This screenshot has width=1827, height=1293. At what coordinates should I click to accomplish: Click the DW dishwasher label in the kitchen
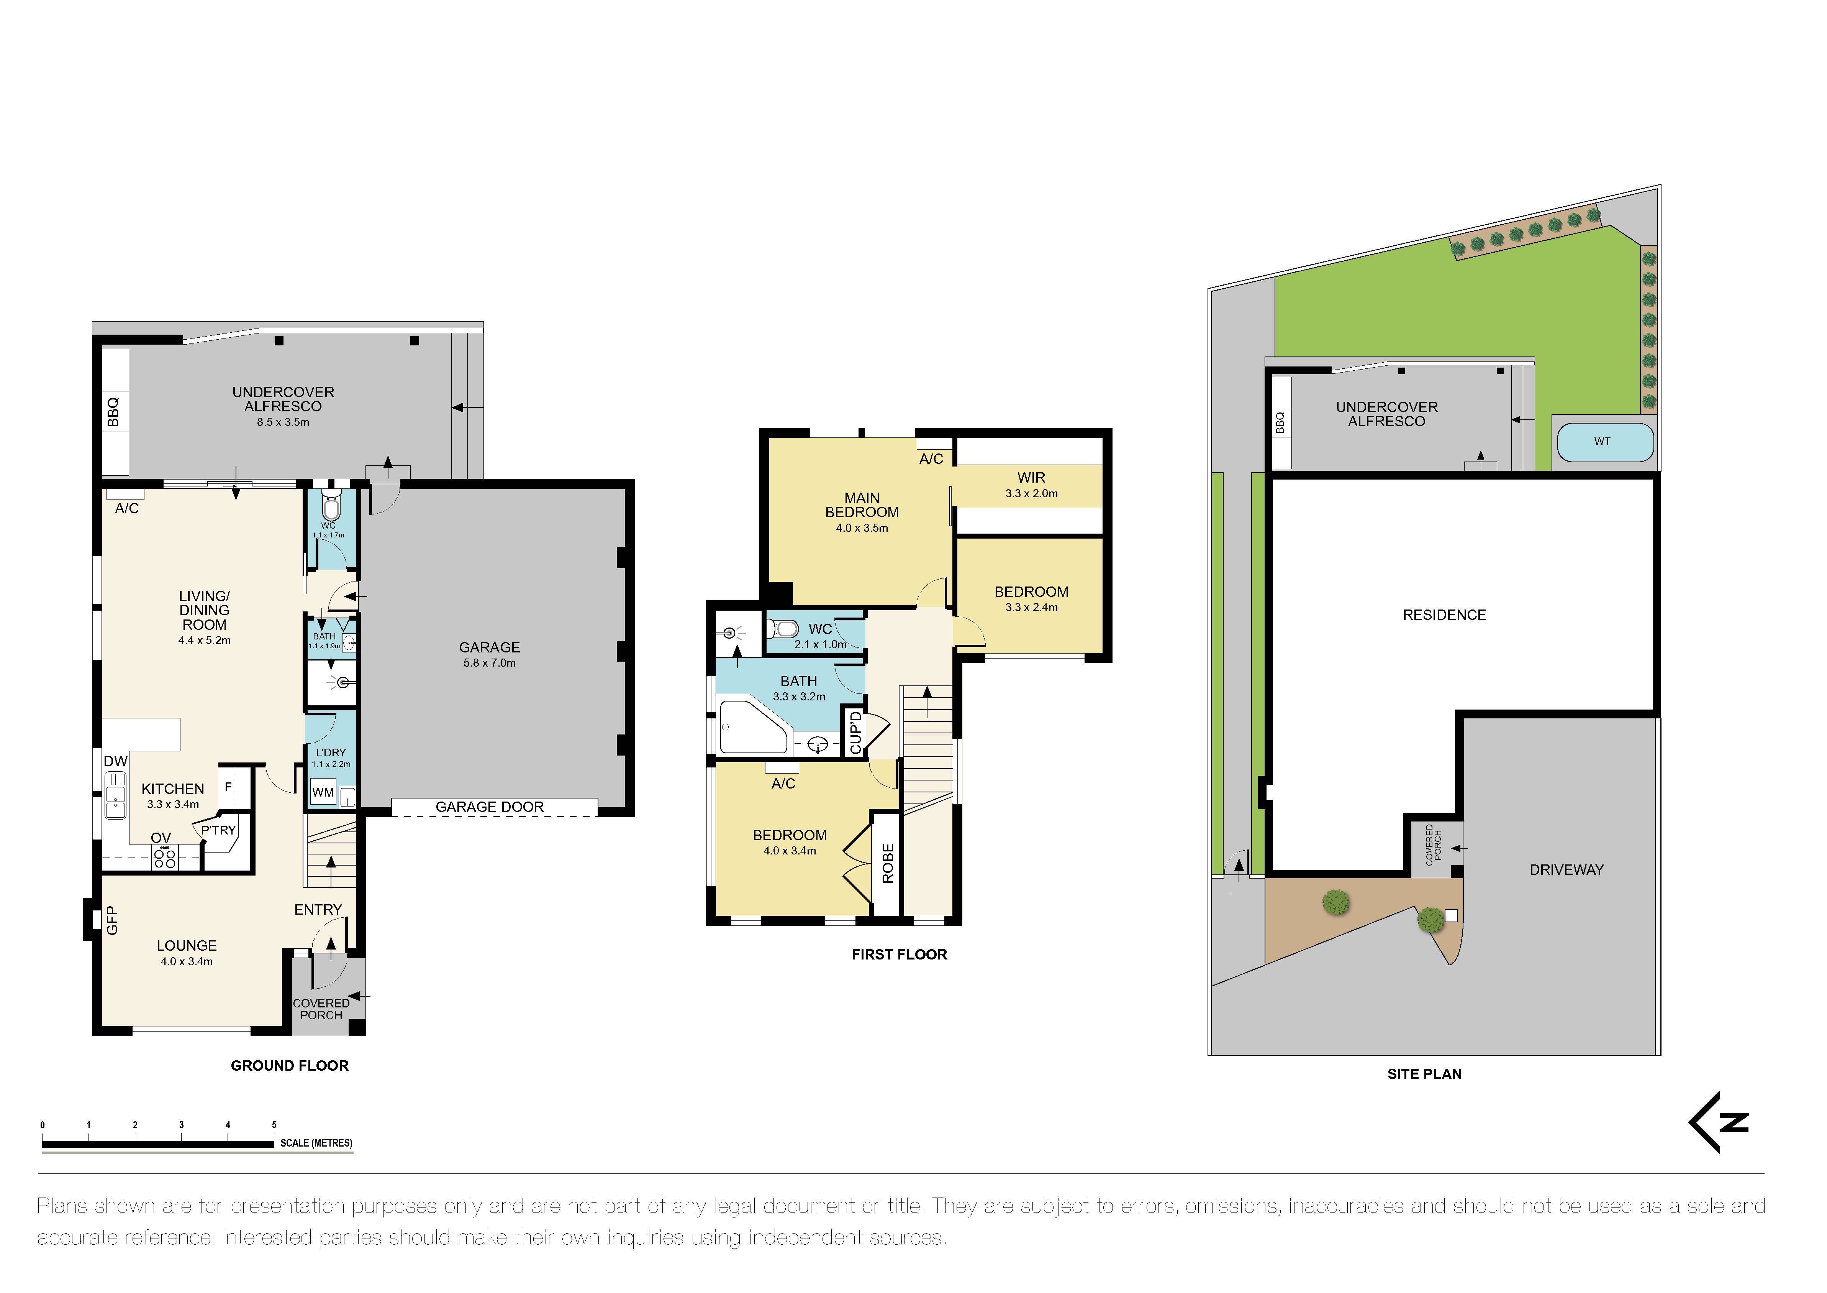coord(115,761)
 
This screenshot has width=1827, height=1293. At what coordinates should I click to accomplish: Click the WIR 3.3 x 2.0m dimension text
coord(1031,494)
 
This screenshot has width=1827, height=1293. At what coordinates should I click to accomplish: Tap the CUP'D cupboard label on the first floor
coord(855,733)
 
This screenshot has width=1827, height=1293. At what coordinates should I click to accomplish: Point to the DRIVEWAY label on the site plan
coord(1566,870)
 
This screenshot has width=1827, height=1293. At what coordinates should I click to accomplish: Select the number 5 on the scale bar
coord(274,1125)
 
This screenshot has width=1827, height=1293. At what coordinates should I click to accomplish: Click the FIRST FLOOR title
coord(899,955)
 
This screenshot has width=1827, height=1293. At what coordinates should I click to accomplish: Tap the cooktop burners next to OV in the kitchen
coord(165,858)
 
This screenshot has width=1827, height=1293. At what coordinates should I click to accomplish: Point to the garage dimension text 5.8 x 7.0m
coord(489,663)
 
